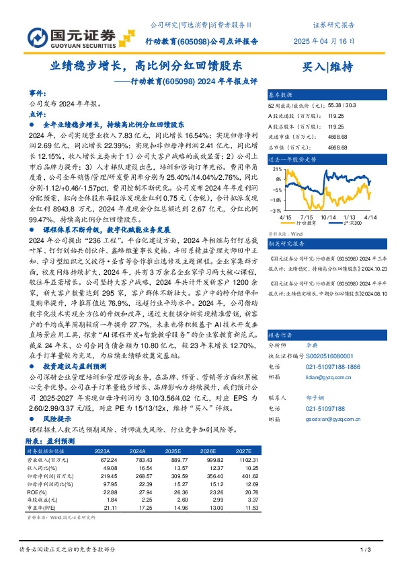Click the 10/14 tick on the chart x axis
(x=327, y=218)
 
